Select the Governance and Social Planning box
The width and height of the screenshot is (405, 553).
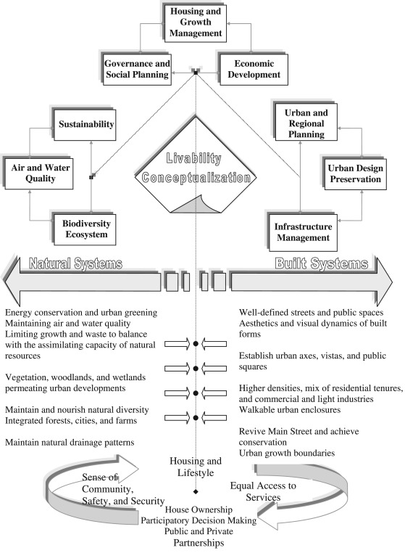point(137,69)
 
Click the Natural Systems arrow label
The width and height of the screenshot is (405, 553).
point(75,263)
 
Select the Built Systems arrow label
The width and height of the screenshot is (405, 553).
point(322,263)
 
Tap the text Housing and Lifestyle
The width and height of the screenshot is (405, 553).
point(196,467)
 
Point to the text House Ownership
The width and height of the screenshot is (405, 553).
point(196,510)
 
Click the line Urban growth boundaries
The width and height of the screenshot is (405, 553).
point(288,454)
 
